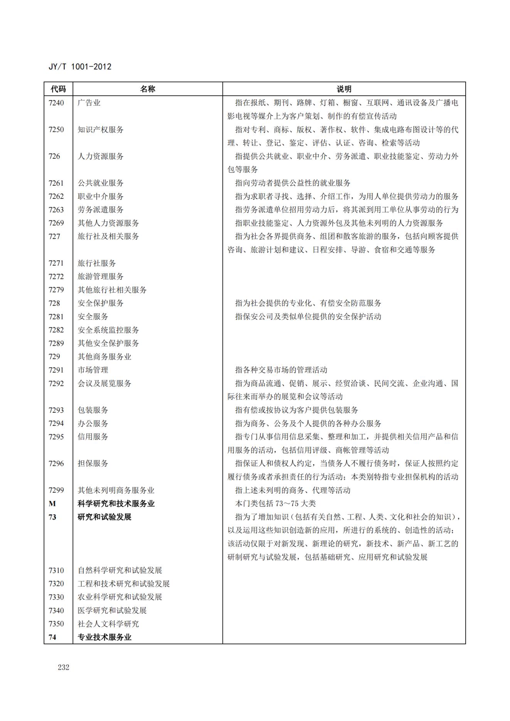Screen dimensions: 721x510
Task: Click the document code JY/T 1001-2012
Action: point(80,67)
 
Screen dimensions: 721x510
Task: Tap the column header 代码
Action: point(58,89)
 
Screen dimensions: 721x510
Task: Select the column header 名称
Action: point(147,89)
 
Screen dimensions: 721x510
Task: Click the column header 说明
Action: point(344,89)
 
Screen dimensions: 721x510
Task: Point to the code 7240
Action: point(56,103)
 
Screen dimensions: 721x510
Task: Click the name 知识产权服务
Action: point(101,129)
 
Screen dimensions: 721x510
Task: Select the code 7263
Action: point(56,210)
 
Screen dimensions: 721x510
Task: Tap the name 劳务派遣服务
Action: point(101,210)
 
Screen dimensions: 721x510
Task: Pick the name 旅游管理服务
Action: point(101,276)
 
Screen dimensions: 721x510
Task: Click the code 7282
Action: point(56,330)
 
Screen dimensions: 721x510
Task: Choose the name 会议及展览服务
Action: point(104,383)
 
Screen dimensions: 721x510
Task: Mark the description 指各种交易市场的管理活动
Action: point(281,370)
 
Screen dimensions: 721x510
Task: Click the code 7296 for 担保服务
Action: point(56,464)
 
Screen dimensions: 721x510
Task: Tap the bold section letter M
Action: point(52,504)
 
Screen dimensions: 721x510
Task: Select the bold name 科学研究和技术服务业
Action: point(116,504)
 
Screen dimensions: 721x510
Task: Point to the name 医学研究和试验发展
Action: point(112,610)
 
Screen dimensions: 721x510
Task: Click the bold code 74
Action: point(52,637)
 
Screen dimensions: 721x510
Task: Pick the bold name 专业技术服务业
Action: point(104,637)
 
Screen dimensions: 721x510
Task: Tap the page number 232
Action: point(64,667)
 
